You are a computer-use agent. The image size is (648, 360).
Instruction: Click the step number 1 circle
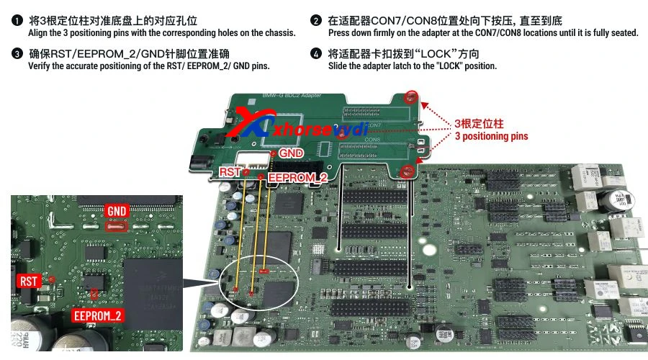[16, 21]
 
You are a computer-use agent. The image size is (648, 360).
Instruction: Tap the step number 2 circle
[316, 21]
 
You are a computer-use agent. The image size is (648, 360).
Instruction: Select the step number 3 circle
[16, 54]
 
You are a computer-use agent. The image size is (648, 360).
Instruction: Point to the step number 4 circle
[316, 54]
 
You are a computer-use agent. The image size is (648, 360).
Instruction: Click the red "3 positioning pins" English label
[491, 136]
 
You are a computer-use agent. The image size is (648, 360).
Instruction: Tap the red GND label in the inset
[117, 211]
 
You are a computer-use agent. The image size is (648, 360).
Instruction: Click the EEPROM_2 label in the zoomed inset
[98, 315]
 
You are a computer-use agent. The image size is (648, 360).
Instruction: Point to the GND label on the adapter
[291, 153]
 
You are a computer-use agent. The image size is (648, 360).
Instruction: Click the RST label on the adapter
[230, 172]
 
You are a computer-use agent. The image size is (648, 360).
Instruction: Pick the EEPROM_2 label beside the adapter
[297, 177]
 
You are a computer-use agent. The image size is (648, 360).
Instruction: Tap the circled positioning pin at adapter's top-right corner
[410, 96]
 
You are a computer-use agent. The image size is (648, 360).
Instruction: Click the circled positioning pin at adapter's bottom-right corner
[407, 171]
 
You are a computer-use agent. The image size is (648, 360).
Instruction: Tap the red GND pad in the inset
[116, 225]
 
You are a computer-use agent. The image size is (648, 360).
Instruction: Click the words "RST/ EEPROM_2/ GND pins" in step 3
[210, 66]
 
